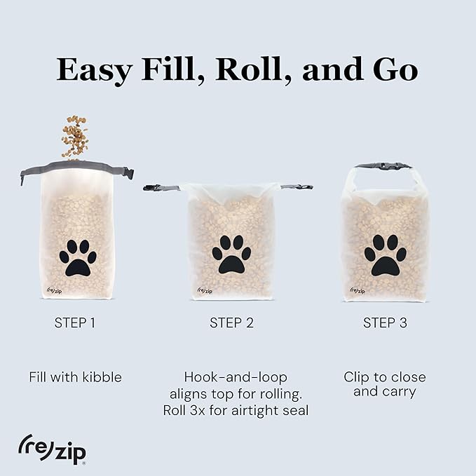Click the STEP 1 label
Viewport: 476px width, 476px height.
pyautogui.click(x=75, y=323)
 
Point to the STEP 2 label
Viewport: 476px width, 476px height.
pyautogui.click(x=231, y=323)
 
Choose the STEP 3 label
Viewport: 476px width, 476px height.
pyautogui.click(x=384, y=323)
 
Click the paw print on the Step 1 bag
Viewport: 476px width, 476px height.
pyautogui.click(x=77, y=257)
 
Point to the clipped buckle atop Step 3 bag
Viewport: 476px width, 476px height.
pyautogui.click(x=383, y=166)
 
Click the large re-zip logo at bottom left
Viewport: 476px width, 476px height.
pyautogui.click(x=52, y=449)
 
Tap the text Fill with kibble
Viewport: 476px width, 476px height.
pyautogui.click(x=75, y=377)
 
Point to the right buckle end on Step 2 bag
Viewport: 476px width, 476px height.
pyautogui.click(x=298, y=187)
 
